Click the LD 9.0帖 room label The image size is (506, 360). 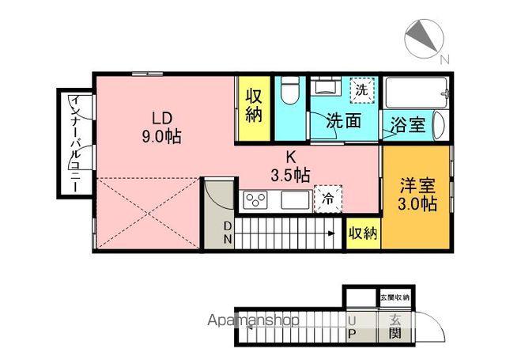tap(161, 127)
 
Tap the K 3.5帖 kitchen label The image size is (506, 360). tap(290, 167)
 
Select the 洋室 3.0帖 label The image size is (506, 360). tap(417, 195)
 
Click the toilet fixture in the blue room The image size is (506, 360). tap(289, 90)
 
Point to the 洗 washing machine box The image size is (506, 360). tap(362, 90)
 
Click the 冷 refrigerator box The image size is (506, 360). tap(328, 199)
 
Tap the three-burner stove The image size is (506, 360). tap(256, 200)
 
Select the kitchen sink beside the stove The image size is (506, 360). tap(295, 200)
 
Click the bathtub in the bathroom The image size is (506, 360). tap(416, 93)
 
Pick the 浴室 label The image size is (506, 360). tap(408, 125)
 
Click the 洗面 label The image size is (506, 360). tap(343, 121)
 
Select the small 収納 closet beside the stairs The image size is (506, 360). tap(364, 233)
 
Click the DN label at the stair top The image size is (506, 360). tap(228, 233)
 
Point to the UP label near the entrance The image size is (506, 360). tap(352, 327)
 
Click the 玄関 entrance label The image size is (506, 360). tap(395, 327)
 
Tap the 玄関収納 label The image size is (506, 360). tap(395, 297)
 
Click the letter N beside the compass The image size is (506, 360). tap(444, 59)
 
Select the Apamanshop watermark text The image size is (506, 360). tap(253, 320)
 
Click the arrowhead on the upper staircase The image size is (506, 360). tap(331, 233)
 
